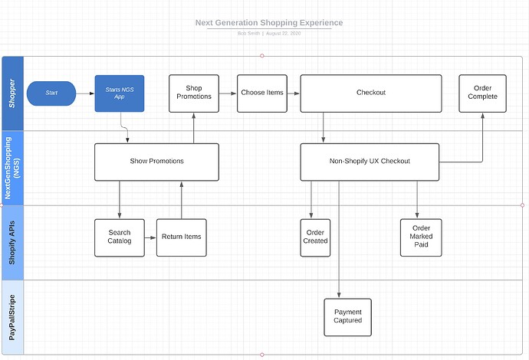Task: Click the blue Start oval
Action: (51, 93)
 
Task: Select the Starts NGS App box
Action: (120, 93)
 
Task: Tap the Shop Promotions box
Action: (193, 93)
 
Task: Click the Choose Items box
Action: (261, 93)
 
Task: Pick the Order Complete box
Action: (482, 93)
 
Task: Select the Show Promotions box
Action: (156, 162)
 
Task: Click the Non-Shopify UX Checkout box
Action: (370, 162)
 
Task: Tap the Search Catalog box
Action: (120, 237)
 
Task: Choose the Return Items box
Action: (181, 237)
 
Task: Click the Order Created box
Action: (315, 237)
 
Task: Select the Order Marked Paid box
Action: (421, 237)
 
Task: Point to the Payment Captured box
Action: (347, 316)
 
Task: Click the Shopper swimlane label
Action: (12, 93)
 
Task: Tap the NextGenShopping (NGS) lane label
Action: (12, 168)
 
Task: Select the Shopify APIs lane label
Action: (12, 242)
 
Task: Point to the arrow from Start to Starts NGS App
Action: (85, 93)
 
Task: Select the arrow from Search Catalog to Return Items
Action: (150, 237)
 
